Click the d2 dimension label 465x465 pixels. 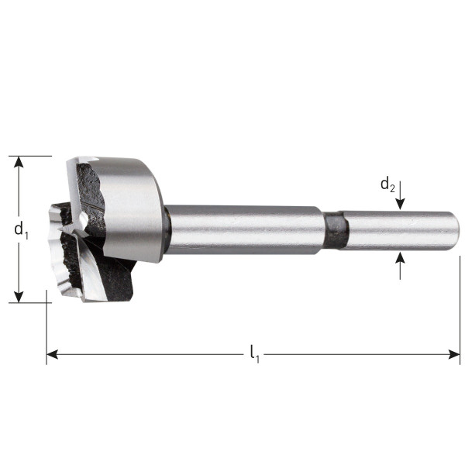tap(387, 185)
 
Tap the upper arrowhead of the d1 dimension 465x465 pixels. tap(19, 162)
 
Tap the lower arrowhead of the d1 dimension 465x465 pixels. tap(19, 297)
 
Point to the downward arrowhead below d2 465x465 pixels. tap(400, 205)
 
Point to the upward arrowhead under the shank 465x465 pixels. tap(400, 257)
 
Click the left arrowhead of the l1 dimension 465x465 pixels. tap(52, 354)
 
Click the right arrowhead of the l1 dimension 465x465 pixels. tap(454, 354)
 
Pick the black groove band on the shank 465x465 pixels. tap(335, 229)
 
